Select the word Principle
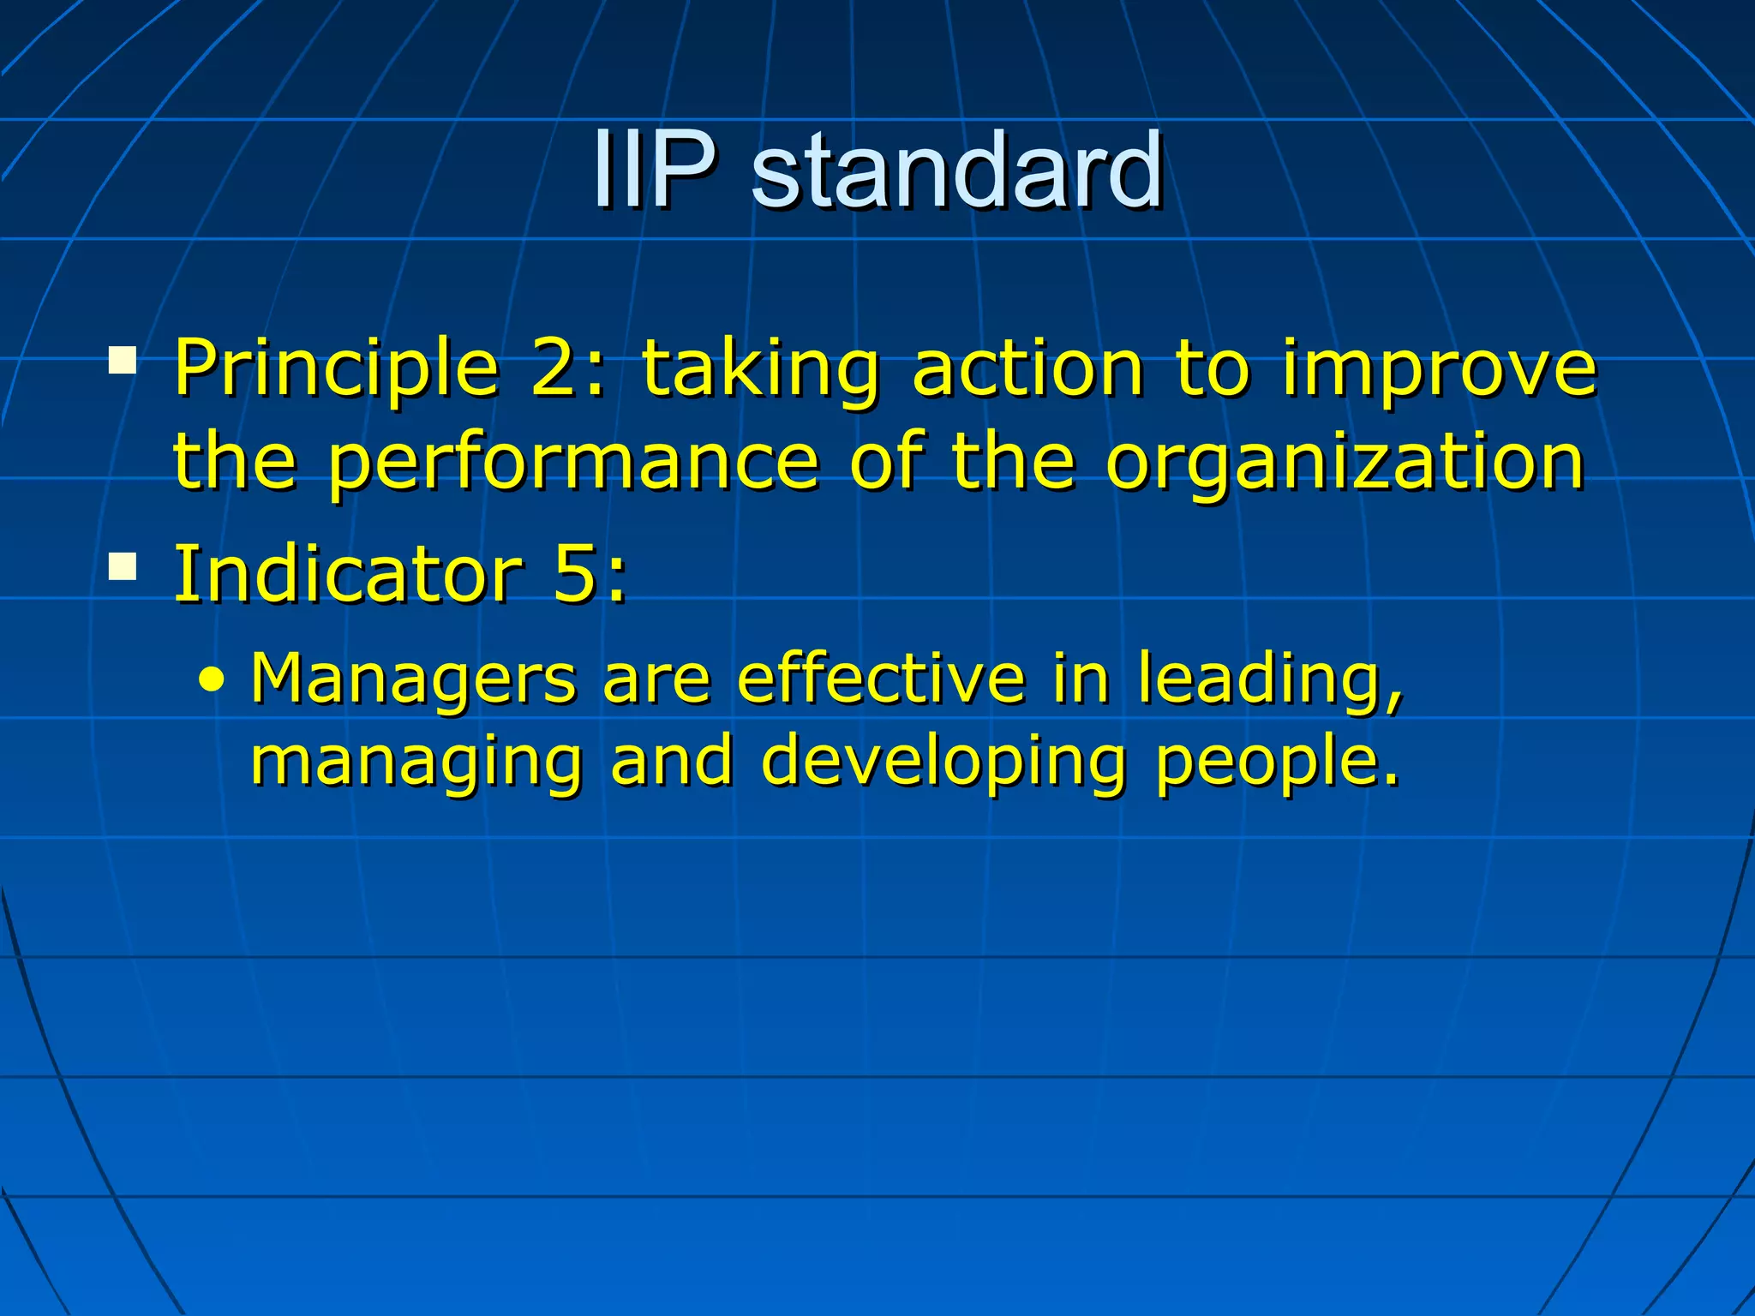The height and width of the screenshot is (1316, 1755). coord(336,370)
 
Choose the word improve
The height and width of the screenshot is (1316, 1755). coord(1440,370)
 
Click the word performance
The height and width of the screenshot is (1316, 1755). coord(574,464)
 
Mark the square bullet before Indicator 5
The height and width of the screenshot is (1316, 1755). coord(123,566)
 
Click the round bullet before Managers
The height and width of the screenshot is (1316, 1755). coord(211,682)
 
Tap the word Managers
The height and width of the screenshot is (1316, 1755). coord(413,679)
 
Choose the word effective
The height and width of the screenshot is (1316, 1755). coord(881,679)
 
